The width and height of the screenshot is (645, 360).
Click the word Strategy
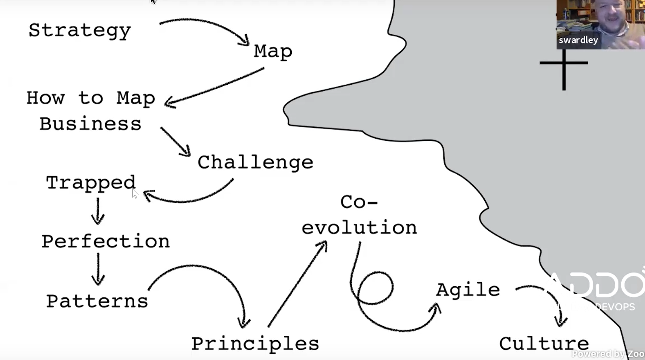(80, 31)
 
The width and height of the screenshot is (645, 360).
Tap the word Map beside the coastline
(273, 52)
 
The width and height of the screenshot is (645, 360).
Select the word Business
(90, 124)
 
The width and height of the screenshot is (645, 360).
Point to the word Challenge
(255, 162)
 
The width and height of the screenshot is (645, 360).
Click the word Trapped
(91, 183)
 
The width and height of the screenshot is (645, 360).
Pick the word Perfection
(106, 241)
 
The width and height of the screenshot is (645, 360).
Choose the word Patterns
(97, 301)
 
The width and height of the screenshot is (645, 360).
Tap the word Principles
(255, 344)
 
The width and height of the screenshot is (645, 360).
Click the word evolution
(359, 228)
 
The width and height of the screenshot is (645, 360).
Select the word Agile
(468, 290)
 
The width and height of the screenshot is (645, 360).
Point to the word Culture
(544, 344)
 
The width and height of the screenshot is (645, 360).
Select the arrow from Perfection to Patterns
(98, 269)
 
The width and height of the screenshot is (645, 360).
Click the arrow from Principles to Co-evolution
(298, 284)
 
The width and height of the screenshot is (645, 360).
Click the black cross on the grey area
(564, 63)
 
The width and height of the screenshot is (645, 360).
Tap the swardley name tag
(578, 40)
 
